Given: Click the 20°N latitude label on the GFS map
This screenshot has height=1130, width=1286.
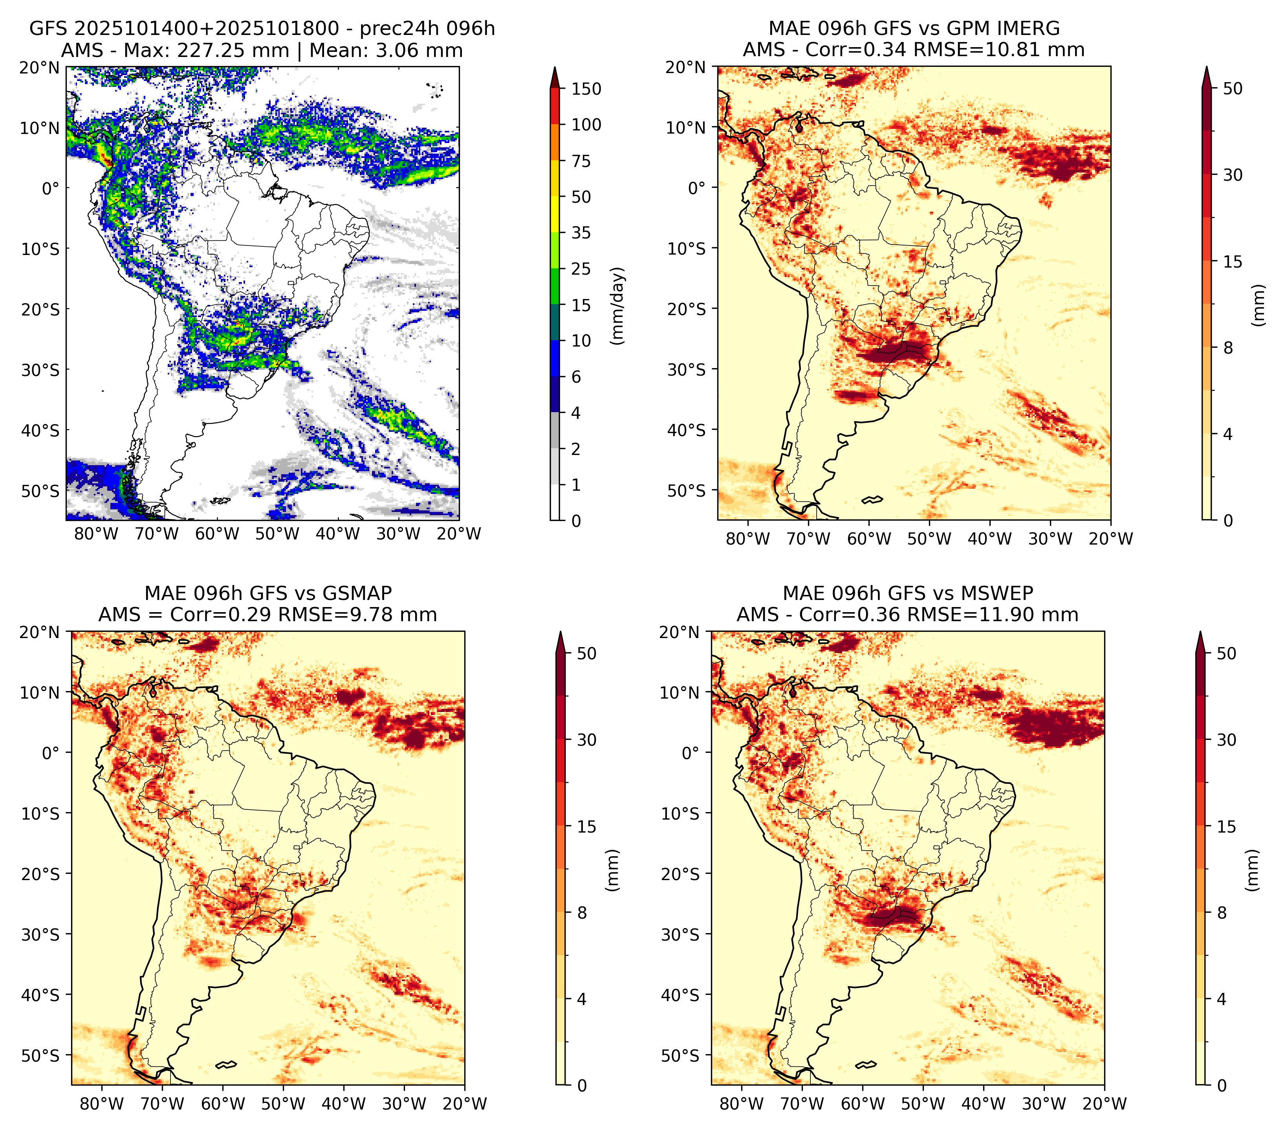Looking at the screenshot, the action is pyautogui.click(x=39, y=67).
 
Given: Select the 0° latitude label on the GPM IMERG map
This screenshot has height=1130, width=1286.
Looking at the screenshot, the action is pyautogui.click(x=696, y=187).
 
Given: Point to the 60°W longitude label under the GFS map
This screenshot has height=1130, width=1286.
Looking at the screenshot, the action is pyautogui.click(x=217, y=534).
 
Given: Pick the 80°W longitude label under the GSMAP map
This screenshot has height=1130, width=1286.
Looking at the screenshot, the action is pyautogui.click(x=102, y=1104).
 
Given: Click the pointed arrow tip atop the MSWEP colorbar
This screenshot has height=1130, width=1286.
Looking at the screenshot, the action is pyautogui.click(x=1201, y=632).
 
